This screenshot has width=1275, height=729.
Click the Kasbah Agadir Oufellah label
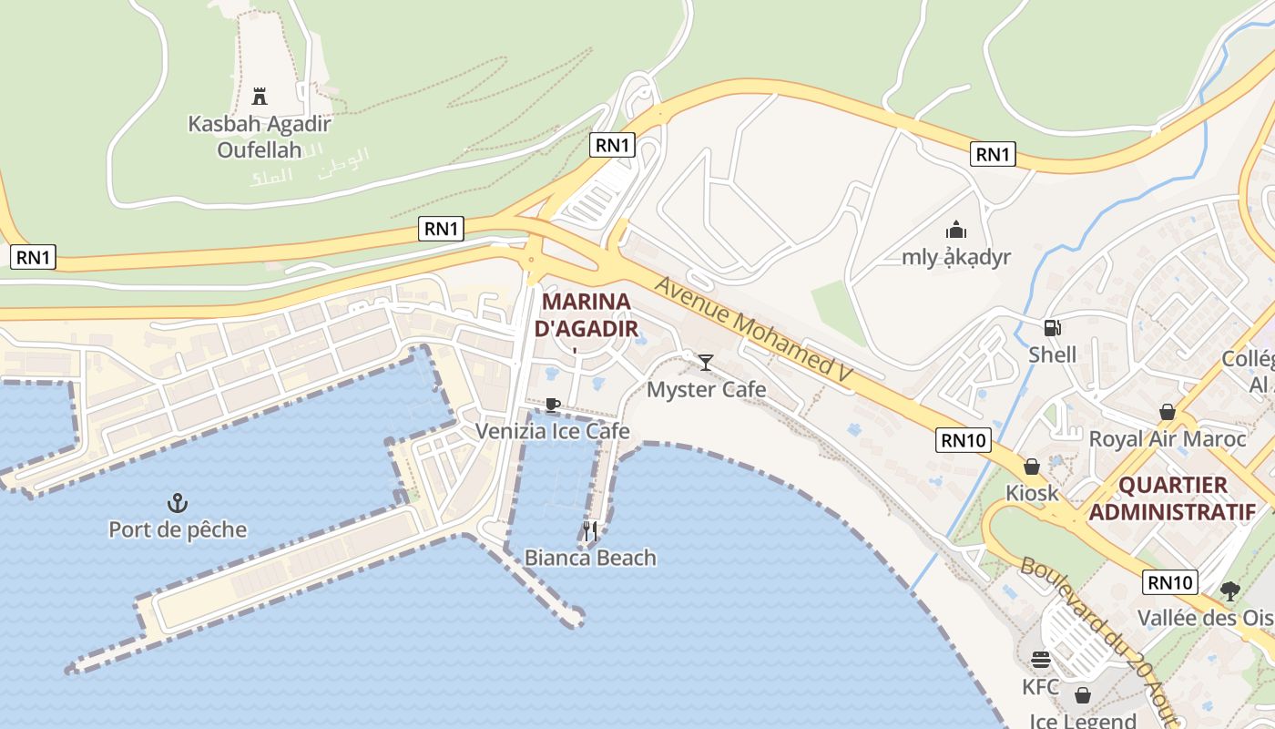click(260, 137)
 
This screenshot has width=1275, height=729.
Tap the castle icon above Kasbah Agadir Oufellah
click(260, 96)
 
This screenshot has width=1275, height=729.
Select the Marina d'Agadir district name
click(586, 314)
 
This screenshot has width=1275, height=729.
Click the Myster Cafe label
click(706, 390)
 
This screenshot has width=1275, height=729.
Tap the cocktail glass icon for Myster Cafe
click(706, 363)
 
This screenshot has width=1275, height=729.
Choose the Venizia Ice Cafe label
click(552, 431)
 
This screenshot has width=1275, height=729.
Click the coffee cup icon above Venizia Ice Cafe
click(552, 404)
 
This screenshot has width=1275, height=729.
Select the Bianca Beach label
click(590, 557)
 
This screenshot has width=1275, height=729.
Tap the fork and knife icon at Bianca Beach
click(590, 530)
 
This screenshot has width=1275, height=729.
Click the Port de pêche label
click(178, 529)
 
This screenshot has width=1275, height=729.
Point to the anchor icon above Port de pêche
click(178, 502)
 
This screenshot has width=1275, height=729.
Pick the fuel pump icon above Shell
click(1052, 327)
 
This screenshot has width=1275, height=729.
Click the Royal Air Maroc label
click(1168, 439)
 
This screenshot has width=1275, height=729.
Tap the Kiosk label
click(1032, 493)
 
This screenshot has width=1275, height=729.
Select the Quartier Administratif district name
click(1172, 498)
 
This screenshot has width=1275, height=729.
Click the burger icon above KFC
click(1041, 660)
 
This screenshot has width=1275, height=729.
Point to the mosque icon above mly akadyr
click(956, 230)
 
